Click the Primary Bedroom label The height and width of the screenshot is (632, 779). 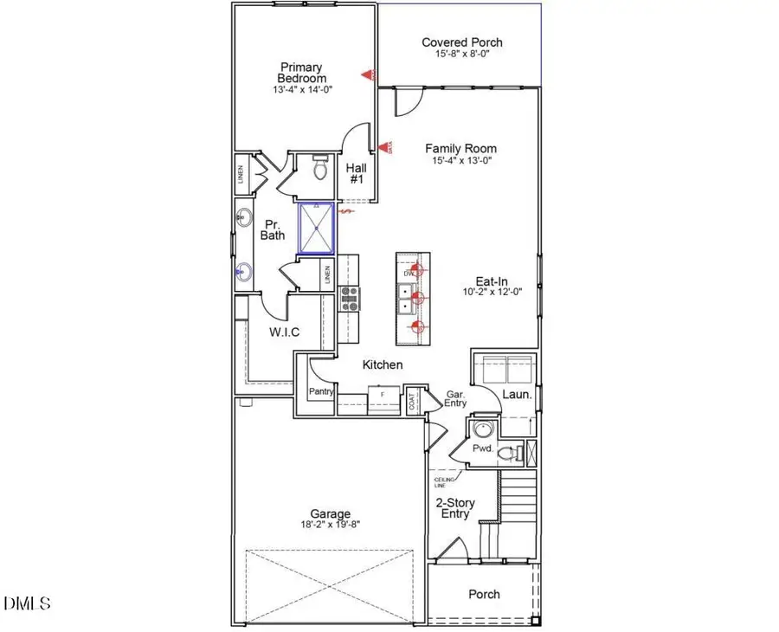tap(302, 72)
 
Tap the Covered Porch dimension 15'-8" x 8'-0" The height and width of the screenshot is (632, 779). tap(461, 55)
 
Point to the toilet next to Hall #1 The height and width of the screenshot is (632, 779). tap(319, 168)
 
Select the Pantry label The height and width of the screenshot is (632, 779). tap(321, 391)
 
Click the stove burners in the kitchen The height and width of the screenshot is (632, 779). tap(351, 299)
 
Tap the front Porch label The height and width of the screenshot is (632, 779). tap(484, 594)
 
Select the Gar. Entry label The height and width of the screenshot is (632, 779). tap(457, 397)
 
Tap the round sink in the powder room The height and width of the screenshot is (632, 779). tap(481, 430)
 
